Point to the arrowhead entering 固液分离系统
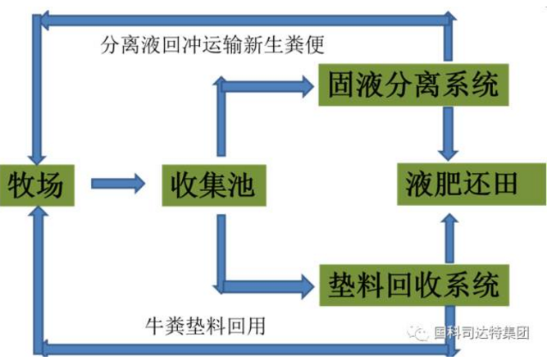[x=308, y=83]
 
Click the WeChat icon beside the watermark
[x=422, y=333]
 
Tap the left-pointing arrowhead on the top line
[x=47, y=19]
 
